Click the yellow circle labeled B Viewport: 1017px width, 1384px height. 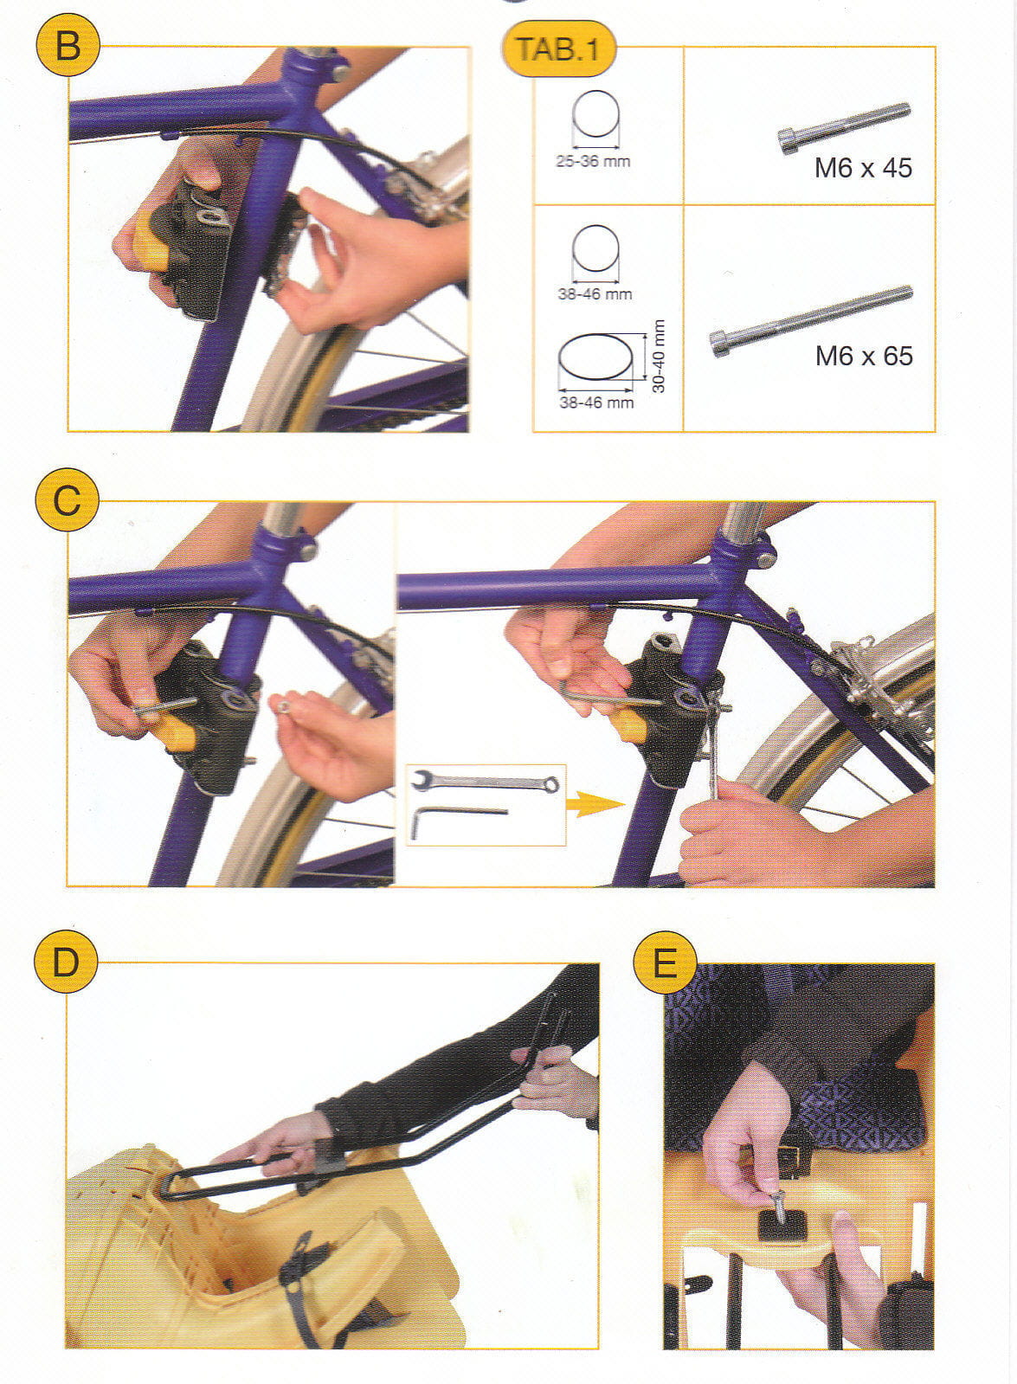68,44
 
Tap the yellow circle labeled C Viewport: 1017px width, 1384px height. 67,499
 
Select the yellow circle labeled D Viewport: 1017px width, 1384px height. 66,962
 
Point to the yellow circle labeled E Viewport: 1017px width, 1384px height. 665,962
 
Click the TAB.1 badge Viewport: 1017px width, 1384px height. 558,48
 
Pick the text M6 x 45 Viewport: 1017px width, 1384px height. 863,168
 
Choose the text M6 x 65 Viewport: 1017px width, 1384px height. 864,356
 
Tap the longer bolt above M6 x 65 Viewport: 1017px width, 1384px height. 811,320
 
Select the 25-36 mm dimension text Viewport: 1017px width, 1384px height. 593,162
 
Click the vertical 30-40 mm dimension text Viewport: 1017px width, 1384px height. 659,357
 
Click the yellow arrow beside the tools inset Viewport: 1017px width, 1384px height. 595,804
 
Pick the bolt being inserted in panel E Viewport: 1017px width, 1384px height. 778,1206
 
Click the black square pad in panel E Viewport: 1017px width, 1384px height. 782,1226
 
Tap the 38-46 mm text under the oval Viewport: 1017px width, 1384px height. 596,402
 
